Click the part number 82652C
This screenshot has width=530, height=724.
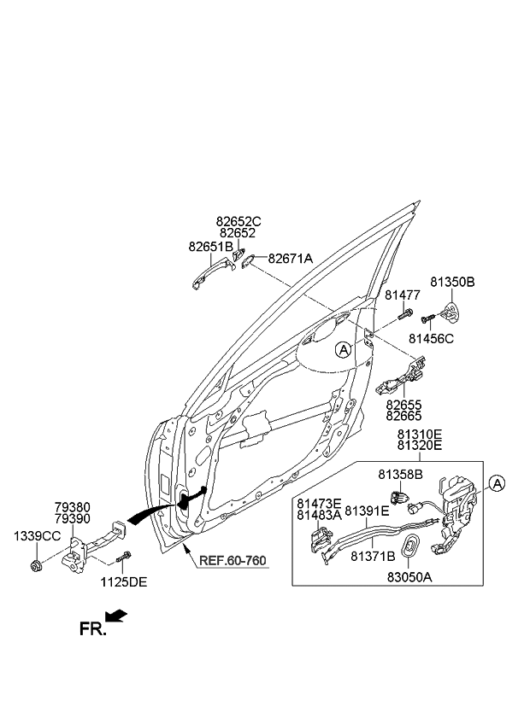[238, 221]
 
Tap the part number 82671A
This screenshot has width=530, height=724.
[291, 258]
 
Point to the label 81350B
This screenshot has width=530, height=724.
[452, 281]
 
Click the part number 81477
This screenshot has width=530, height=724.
[402, 295]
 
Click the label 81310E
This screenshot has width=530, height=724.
[419, 434]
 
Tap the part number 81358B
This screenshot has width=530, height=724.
[400, 473]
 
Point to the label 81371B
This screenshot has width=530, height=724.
[372, 556]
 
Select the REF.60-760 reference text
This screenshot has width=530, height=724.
[233, 561]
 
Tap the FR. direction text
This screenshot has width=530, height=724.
[93, 629]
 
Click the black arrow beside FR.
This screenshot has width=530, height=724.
[118, 616]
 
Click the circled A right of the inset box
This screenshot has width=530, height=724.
[498, 484]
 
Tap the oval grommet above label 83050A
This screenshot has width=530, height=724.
[411, 548]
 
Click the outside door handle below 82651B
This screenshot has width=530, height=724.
[209, 277]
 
